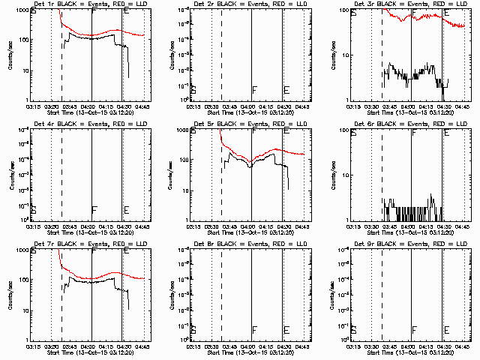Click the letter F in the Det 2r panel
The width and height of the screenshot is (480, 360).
(x=254, y=90)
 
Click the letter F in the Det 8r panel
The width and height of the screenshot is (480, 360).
(x=254, y=329)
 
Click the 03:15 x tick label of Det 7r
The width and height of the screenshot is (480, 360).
(x=34, y=346)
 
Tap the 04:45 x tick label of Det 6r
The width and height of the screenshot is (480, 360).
(x=463, y=226)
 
